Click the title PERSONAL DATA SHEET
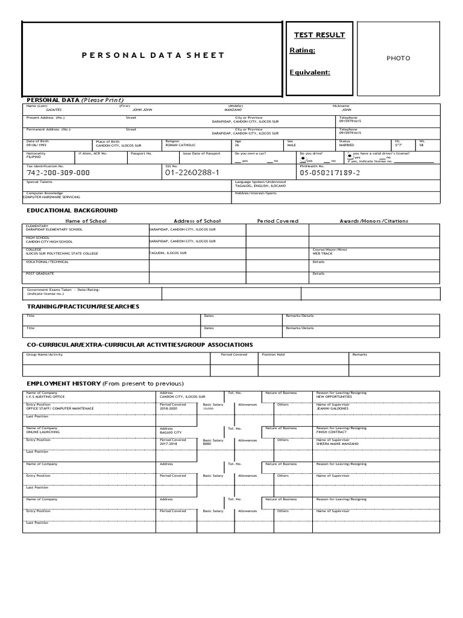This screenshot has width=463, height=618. pyautogui.click(x=153, y=56)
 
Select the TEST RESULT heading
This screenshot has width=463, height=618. pyautogui.click(x=319, y=35)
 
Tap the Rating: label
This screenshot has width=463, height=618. pyautogui.click(x=303, y=51)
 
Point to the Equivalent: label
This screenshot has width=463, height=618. pyautogui.click(x=310, y=72)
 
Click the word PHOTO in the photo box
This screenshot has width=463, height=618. pyautogui.click(x=398, y=59)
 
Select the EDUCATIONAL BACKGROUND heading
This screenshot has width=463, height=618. pyautogui.click(x=72, y=211)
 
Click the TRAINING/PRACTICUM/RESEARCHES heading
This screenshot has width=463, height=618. pyautogui.click(x=83, y=307)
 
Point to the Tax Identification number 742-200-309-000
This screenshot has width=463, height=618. pyautogui.click(x=58, y=173)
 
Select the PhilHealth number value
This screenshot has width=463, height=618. pyautogui.click(x=330, y=173)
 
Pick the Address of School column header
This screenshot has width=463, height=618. pyautogui.click(x=197, y=221)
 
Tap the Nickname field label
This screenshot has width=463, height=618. pyautogui.click(x=341, y=106)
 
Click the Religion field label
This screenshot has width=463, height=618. pyautogui.click(x=172, y=141)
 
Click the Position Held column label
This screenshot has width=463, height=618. pyautogui.click(x=273, y=355)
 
